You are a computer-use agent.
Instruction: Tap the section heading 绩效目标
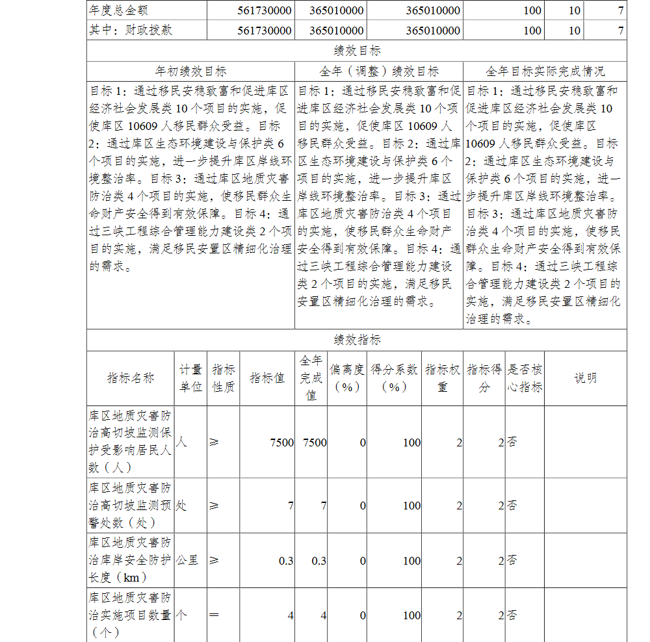click(357, 51)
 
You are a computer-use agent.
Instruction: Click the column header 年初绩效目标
click(190, 71)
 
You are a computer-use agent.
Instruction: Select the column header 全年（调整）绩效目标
click(379, 71)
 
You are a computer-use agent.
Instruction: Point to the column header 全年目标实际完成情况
click(545, 71)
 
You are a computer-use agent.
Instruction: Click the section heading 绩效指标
click(357, 340)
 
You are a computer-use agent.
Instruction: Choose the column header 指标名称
click(131, 378)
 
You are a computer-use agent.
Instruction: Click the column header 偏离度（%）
click(347, 378)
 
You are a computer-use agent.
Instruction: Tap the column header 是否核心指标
click(525, 378)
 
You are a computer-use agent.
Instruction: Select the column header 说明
click(585, 378)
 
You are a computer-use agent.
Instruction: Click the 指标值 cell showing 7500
click(282, 443)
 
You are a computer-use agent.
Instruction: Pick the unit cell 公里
click(187, 559)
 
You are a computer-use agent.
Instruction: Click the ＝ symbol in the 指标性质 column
click(214, 615)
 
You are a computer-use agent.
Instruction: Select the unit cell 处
click(181, 505)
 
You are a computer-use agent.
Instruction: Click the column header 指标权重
click(443, 378)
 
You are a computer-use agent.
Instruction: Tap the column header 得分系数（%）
click(395, 378)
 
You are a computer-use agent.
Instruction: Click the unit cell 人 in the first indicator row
click(181, 442)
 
